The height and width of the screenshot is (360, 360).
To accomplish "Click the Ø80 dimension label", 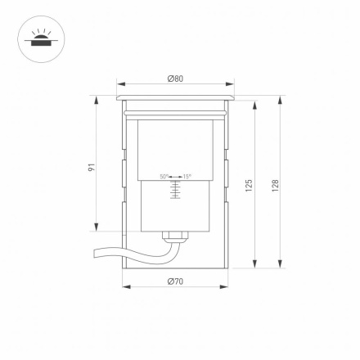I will click(x=175, y=79).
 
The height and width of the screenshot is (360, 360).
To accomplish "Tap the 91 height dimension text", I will click(x=92, y=166).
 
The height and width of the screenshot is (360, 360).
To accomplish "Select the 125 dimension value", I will click(x=249, y=185).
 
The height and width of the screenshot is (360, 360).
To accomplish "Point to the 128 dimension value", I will click(x=276, y=185).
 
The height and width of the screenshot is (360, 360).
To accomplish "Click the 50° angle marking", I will click(x=164, y=176).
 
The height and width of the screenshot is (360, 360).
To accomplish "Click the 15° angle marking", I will click(x=187, y=176).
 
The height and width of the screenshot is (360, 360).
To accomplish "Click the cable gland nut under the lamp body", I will click(x=174, y=235).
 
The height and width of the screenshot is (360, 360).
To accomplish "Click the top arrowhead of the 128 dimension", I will click(x=281, y=99).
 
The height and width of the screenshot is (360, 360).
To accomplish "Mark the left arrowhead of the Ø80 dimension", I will click(x=119, y=84).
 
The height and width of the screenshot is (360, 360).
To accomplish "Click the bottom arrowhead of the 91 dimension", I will click(x=97, y=228).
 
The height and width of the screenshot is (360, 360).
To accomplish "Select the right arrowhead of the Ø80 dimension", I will click(x=232, y=84).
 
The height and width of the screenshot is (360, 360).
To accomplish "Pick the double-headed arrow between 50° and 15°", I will click(x=174, y=176).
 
